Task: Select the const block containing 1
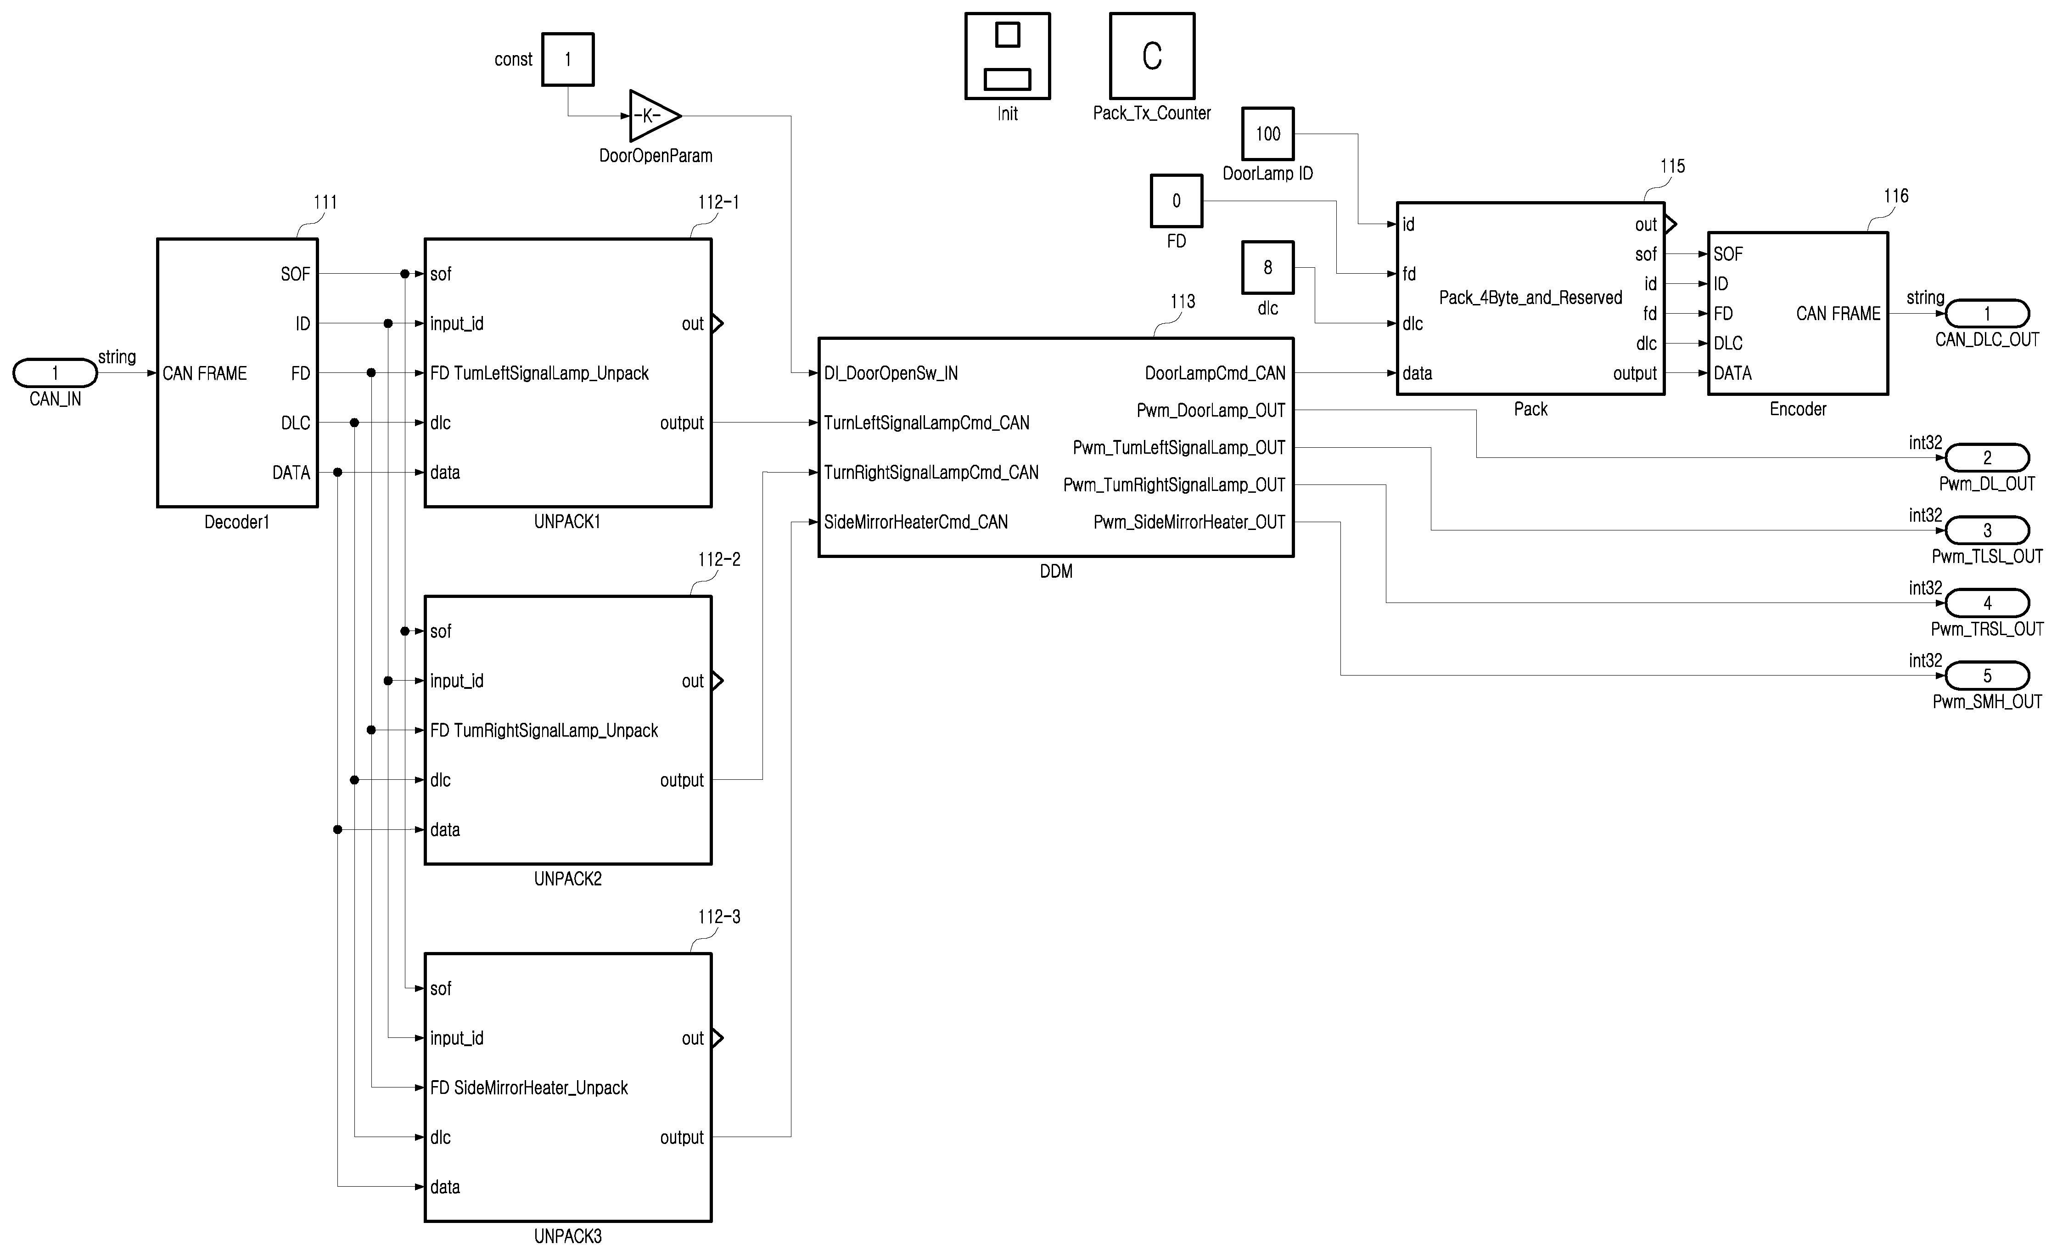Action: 568,59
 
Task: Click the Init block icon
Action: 1007,56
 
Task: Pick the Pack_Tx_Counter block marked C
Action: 1152,56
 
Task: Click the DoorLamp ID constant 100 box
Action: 1268,134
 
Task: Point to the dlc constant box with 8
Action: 1268,267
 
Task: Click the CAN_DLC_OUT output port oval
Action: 1987,313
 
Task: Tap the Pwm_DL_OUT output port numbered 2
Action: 1987,458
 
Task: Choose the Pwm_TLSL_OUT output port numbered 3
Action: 1987,530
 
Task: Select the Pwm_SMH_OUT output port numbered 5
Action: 1987,675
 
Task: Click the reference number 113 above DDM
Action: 1183,301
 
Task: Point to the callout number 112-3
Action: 719,917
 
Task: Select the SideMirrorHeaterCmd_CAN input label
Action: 916,523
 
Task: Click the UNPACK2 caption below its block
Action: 568,879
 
